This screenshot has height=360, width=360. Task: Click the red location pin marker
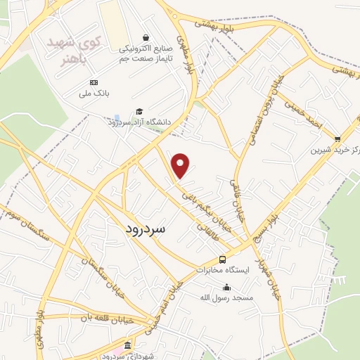tap(181, 166)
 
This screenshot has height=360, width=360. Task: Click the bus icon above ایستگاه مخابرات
tap(223, 259)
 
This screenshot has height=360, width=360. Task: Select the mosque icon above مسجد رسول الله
tap(226, 287)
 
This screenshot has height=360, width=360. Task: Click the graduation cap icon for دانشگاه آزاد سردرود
tap(139, 111)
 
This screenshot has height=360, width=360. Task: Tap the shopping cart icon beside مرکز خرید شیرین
tap(337, 139)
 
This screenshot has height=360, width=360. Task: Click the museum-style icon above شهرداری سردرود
tap(127, 347)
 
